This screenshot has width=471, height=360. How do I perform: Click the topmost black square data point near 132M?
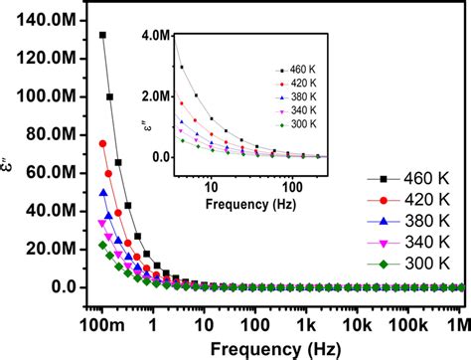pos(102,35)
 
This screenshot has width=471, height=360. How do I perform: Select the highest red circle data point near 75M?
pos(102,144)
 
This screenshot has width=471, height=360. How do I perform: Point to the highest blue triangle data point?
pos(102,193)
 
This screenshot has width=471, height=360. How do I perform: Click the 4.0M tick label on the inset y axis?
pos(157,36)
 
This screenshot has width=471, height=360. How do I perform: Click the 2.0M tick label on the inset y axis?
pos(157,96)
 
